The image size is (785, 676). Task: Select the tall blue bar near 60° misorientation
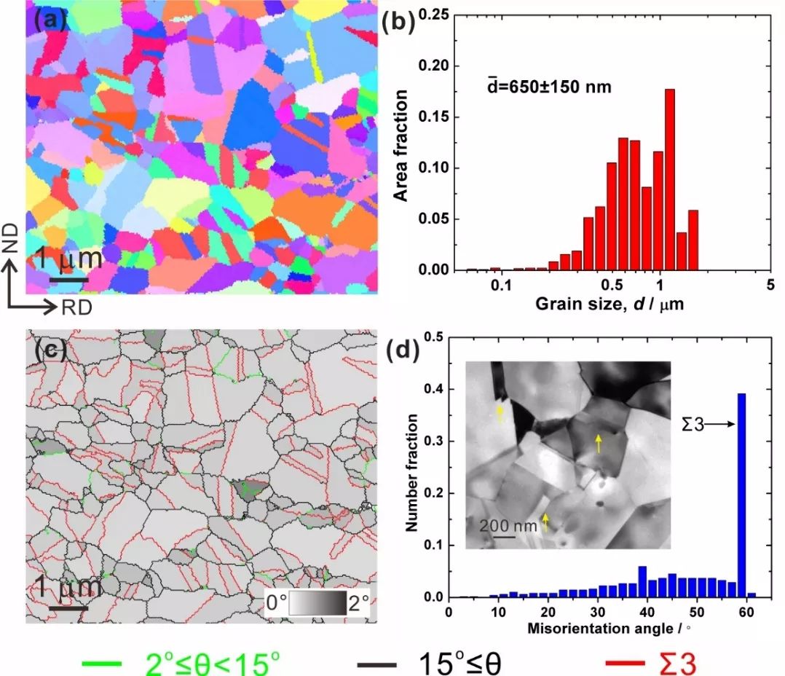pos(741,495)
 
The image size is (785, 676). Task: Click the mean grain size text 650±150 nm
pos(549,87)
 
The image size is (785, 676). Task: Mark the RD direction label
pos(76,307)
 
